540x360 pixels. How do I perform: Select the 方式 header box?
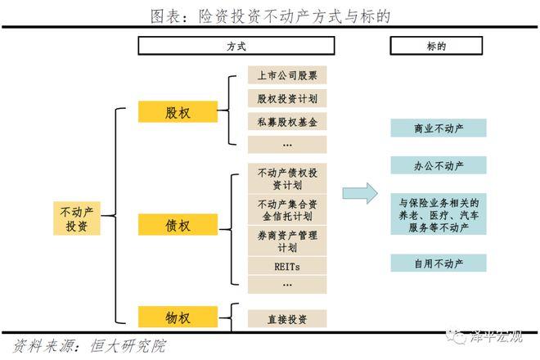[x=236, y=46]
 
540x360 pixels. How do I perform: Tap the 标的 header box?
[x=438, y=46]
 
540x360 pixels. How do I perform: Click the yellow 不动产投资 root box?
[x=78, y=218]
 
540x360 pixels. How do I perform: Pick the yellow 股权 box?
[x=177, y=112]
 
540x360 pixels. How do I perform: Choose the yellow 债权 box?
[x=177, y=224]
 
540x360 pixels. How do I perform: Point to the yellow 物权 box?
[x=177, y=316]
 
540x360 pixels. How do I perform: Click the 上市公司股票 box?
[x=286, y=75]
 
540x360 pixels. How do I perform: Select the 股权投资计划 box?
[x=286, y=99]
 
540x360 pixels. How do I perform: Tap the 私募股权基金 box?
[x=286, y=122]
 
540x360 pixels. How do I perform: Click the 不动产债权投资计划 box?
[x=286, y=178]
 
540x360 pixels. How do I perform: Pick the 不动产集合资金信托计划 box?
[x=286, y=210]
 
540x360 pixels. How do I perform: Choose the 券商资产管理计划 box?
[x=286, y=241]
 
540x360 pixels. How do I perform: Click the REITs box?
[x=286, y=267]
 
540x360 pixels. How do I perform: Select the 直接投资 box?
[x=286, y=318]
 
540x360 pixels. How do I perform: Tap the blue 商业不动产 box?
[x=438, y=128]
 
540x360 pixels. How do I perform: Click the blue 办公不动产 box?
[x=438, y=165]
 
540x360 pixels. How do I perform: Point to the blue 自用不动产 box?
[x=438, y=263]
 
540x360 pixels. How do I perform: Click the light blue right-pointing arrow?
[x=359, y=193]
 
